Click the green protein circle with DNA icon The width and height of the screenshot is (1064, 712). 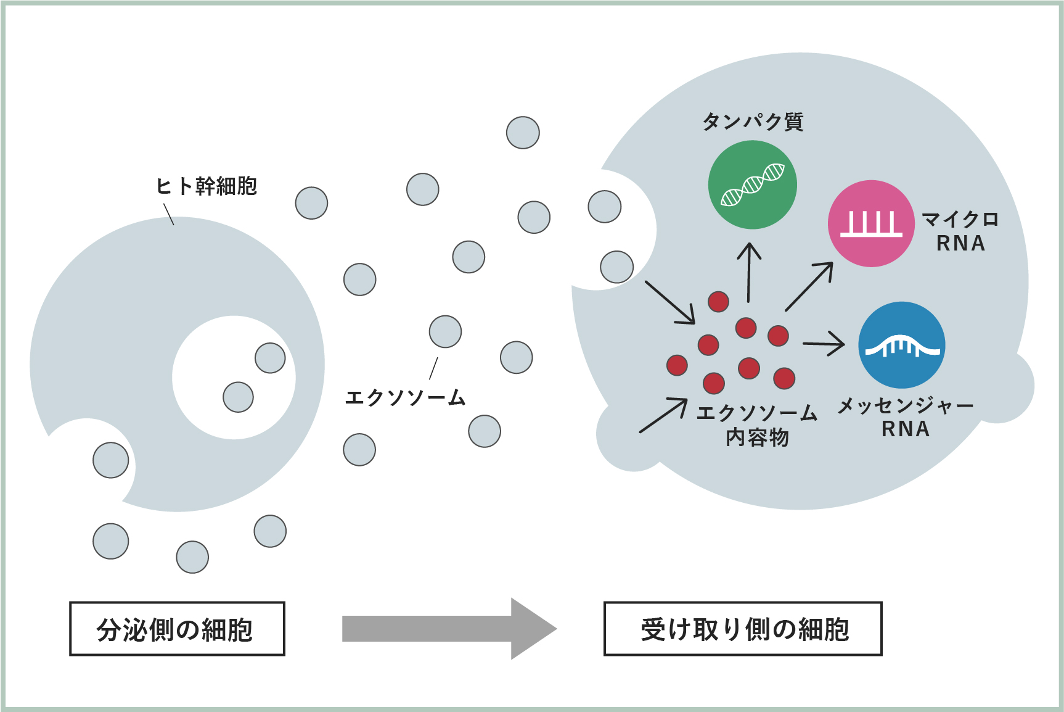pyautogui.click(x=752, y=184)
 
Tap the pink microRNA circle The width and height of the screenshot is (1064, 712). pyautogui.click(x=870, y=223)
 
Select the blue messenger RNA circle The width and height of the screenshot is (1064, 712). pyautogui.click(x=901, y=345)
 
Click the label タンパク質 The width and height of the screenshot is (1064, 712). pyautogui.click(x=753, y=122)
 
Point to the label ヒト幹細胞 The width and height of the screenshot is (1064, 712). pyautogui.click(x=206, y=186)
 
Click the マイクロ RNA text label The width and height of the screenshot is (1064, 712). pyautogui.click(x=960, y=231)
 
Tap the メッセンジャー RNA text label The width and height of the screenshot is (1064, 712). pyautogui.click(x=905, y=417)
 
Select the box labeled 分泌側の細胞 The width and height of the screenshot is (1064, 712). pyautogui.click(x=177, y=629)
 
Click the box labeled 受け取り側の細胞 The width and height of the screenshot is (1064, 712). pyautogui.click(x=743, y=629)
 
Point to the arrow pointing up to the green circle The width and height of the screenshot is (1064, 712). pyautogui.click(x=749, y=271)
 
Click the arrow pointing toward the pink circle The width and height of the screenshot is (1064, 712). pyautogui.click(x=809, y=286)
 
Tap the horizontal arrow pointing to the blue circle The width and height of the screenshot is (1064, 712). pyautogui.click(x=824, y=344)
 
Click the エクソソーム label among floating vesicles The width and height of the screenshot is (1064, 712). pyautogui.click(x=405, y=398)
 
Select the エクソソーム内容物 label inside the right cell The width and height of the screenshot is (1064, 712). pyautogui.click(x=757, y=424)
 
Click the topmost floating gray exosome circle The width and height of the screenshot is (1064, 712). pyautogui.click(x=523, y=133)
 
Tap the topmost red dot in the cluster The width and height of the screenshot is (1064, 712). pyautogui.click(x=718, y=301)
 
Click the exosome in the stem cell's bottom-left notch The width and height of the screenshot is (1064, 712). pyautogui.click(x=111, y=460)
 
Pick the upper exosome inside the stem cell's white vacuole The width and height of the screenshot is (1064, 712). pyautogui.click(x=270, y=358)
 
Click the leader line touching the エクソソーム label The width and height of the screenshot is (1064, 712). pyautogui.click(x=433, y=368)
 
